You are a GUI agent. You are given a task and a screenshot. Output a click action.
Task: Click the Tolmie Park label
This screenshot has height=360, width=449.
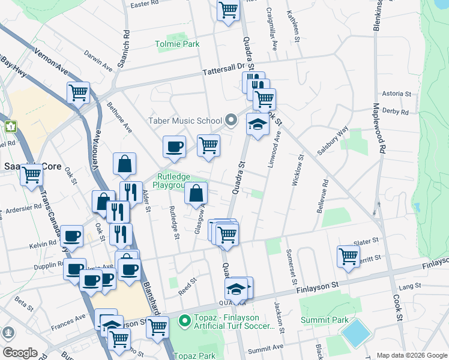pos(177,44)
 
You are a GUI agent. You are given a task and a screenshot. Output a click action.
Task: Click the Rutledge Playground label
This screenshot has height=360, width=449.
pos(173,180)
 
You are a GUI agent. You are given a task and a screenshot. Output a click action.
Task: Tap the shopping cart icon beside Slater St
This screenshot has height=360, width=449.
pos(348,256)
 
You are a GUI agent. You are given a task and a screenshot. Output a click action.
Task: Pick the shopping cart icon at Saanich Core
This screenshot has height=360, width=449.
pos(31,175)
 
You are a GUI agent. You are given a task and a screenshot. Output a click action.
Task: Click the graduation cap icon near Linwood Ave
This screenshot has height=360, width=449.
pos(258,124)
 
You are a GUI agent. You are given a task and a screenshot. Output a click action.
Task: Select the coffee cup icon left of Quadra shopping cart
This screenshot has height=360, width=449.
pos(174,146)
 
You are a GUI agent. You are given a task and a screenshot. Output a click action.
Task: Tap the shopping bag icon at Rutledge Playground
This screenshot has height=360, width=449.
pos(196,193)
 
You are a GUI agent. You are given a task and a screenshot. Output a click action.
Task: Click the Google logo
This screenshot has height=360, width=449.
pos(20,353)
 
